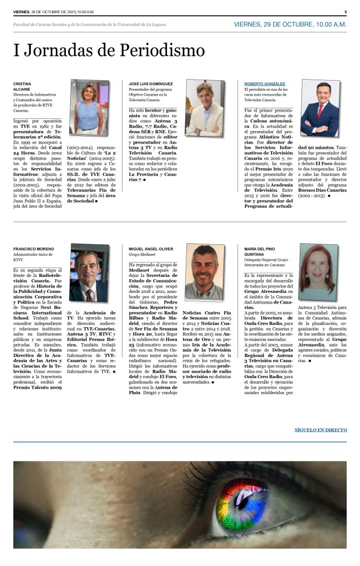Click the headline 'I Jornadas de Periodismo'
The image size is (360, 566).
109,51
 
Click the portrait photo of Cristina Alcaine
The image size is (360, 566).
89,107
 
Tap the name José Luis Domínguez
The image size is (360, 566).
150,83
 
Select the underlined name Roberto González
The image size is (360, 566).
261,83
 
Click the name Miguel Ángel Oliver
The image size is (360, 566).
150,249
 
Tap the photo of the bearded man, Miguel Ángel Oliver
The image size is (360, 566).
205,272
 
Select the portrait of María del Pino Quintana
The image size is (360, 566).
318,272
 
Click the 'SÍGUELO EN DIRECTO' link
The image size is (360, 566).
320,429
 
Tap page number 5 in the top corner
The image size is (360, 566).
345,12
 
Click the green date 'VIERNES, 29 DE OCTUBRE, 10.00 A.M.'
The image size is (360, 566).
290,25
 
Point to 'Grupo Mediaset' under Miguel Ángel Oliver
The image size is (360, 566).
142,255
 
